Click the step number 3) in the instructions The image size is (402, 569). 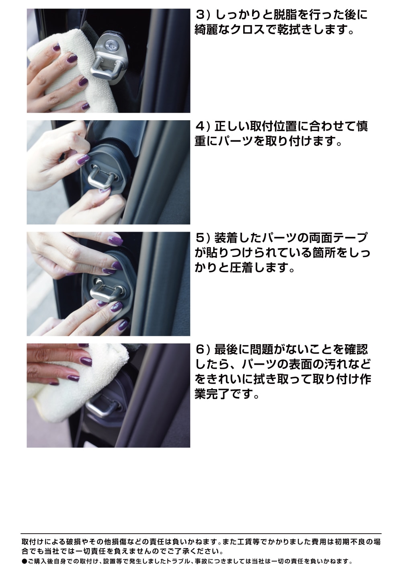pyautogui.click(x=203, y=15)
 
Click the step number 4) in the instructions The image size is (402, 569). pyautogui.click(x=203, y=127)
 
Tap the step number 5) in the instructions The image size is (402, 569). pyautogui.click(x=203, y=238)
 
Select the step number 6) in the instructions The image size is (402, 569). pyautogui.click(x=203, y=349)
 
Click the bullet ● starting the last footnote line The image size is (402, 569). pyautogui.click(x=24, y=561)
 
